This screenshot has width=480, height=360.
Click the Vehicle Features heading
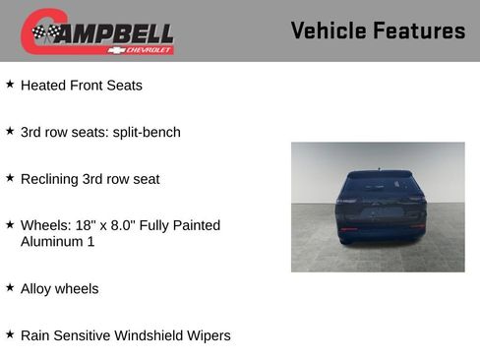[x=378, y=30]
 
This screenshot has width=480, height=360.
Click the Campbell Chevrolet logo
[x=97, y=32]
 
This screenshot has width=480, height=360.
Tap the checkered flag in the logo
[x=44, y=33]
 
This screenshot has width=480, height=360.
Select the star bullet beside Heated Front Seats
[x=10, y=85]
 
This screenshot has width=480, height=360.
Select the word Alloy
[x=37, y=288]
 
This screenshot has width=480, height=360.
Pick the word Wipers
[x=207, y=335]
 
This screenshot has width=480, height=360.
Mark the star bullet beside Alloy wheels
[x=10, y=287]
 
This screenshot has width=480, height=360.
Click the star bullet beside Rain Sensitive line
[x=10, y=334]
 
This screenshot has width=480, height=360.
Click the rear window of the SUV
[x=379, y=185]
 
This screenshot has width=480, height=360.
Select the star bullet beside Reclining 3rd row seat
[x=10, y=178]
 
